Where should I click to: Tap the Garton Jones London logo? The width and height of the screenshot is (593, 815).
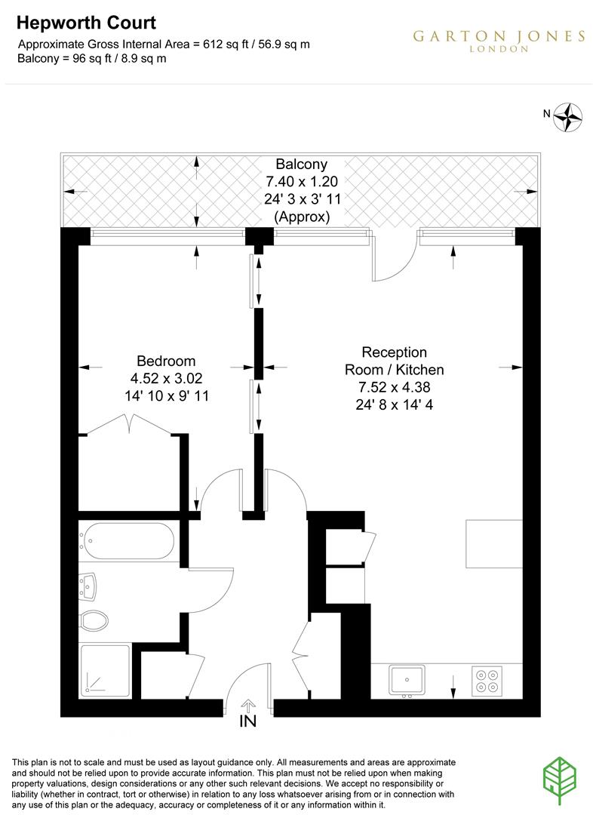(499, 41)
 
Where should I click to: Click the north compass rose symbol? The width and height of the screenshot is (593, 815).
(569, 116)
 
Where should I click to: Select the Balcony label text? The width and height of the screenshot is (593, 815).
(301, 164)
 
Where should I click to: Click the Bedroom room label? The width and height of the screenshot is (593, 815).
(166, 361)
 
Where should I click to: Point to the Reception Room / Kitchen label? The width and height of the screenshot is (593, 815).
(394, 361)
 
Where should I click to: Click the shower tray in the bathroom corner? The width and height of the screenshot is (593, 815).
(104, 669)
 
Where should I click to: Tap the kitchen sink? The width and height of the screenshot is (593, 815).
(407, 679)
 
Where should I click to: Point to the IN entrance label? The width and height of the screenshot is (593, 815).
(247, 721)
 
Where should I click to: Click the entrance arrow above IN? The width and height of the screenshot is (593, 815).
(247, 705)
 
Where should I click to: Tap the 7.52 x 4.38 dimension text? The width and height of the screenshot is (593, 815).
(394, 387)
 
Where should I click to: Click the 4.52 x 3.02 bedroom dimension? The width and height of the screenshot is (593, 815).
(166, 377)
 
